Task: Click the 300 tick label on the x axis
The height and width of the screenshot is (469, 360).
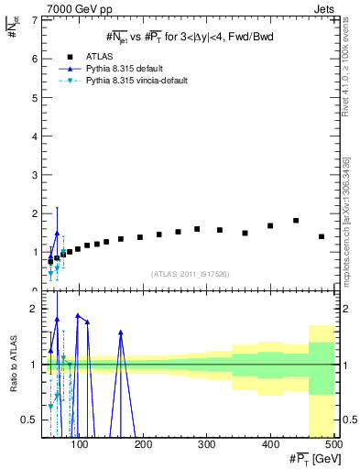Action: [x=207, y=445]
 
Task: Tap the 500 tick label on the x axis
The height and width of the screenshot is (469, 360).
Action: [x=333, y=445]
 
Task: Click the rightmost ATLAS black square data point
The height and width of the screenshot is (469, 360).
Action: [x=322, y=236]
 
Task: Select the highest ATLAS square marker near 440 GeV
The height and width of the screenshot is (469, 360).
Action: [x=296, y=221]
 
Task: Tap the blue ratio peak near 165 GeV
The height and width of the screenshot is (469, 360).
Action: [x=121, y=332]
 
